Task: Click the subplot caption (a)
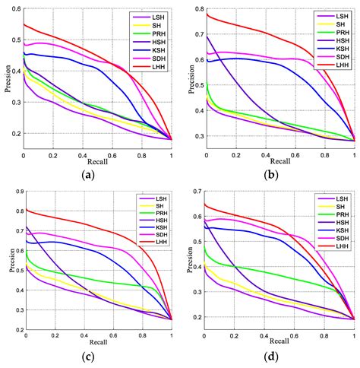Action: click(x=97, y=173)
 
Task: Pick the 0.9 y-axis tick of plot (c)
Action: click(x=15, y=191)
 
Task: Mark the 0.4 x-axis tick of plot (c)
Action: click(x=85, y=336)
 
